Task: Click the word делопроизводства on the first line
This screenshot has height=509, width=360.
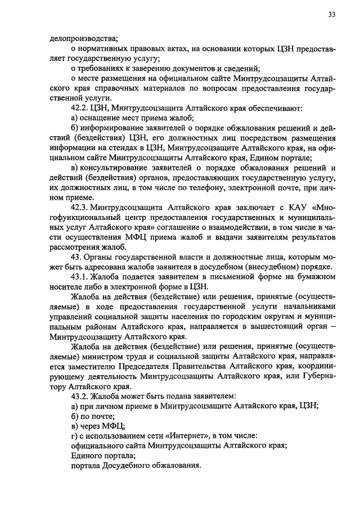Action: coord(83,38)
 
